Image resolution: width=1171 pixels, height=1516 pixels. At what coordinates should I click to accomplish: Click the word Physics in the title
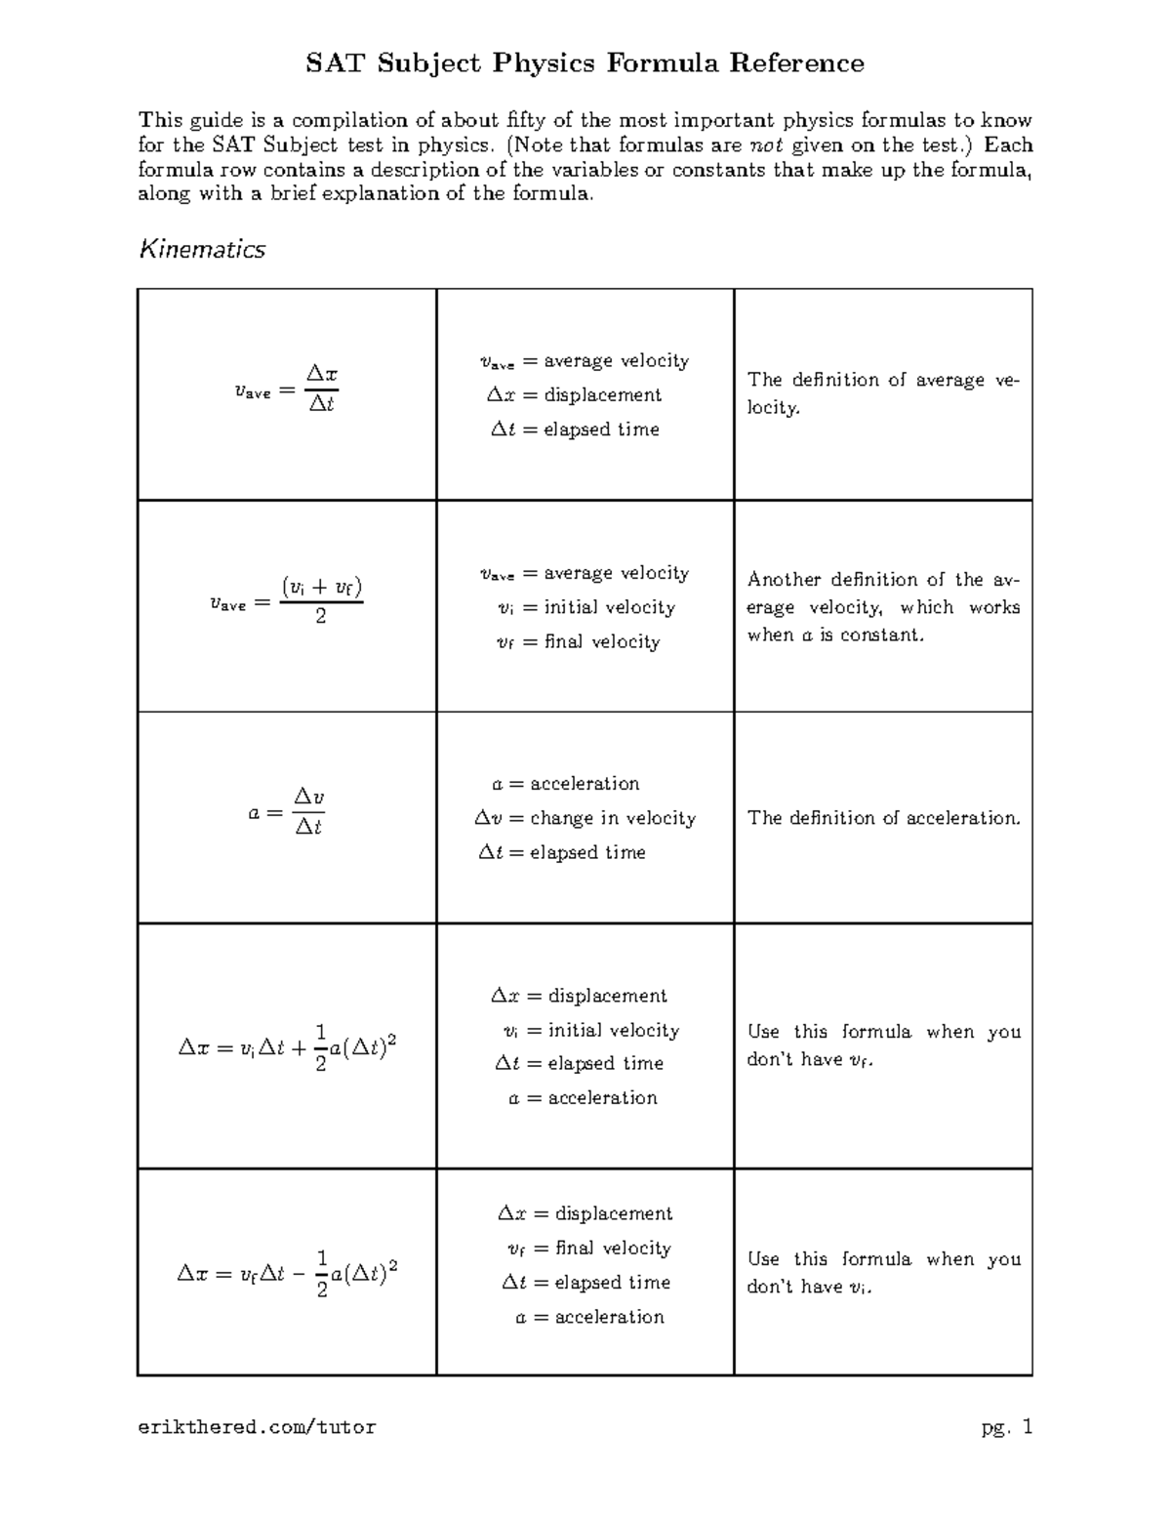[x=543, y=63]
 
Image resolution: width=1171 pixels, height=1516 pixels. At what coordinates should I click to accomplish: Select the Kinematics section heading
[x=202, y=250]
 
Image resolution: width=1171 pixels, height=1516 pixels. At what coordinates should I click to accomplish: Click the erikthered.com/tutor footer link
[x=257, y=1427]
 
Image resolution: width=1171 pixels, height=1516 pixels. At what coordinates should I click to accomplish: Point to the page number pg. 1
[x=1006, y=1427]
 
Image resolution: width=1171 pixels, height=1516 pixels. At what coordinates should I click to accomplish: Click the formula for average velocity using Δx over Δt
[x=286, y=389]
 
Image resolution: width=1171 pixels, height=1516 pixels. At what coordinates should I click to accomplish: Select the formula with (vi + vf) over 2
[x=286, y=601]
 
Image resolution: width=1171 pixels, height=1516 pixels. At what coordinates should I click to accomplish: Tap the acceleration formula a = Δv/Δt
[x=286, y=812]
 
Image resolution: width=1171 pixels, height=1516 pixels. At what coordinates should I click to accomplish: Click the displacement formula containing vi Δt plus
[x=287, y=1047]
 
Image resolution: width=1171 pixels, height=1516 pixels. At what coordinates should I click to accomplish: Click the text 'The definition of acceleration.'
[x=883, y=818]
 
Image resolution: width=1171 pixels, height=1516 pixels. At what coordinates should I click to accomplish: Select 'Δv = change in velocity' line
[x=585, y=818]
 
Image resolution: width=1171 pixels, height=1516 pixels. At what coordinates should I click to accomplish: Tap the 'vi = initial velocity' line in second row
[x=585, y=607]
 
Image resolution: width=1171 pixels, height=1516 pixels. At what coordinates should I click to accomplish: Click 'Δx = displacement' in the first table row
[x=574, y=395]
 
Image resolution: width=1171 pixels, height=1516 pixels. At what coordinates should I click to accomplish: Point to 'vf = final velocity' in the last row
[x=588, y=1249]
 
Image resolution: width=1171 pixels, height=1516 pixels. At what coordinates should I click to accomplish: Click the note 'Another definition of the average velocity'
[x=883, y=606]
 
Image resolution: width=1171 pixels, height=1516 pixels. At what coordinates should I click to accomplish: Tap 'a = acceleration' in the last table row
[x=589, y=1317]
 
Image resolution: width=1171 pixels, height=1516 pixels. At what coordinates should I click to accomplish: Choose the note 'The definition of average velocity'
[x=883, y=392]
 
